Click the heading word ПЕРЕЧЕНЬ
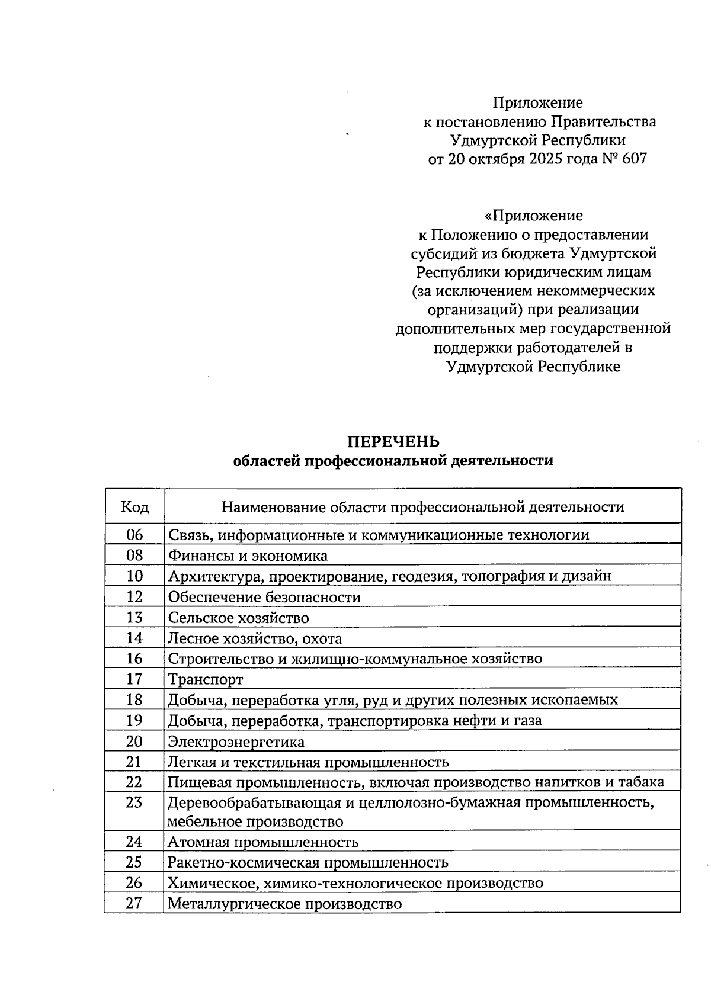click(x=393, y=442)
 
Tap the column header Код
click(x=135, y=507)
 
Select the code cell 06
click(x=135, y=535)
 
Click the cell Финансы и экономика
click(x=248, y=556)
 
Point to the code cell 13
click(x=135, y=618)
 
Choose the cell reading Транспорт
click(x=205, y=679)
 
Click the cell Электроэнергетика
click(x=236, y=741)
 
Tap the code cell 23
click(x=134, y=802)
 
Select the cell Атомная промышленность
click(x=262, y=842)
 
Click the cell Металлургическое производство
click(x=284, y=904)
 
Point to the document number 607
click(x=634, y=159)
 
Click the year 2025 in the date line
click(x=548, y=159)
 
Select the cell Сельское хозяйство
click(x=238, y=618)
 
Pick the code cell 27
click(x=134, y=904)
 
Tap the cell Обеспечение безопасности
click(x=264, y=597)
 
